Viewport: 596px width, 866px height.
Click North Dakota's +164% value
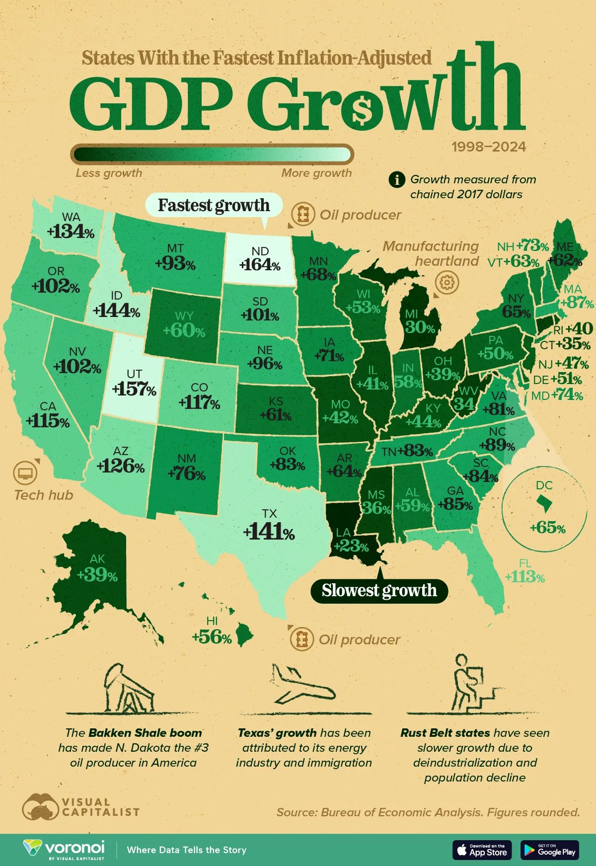(x=260, y=264)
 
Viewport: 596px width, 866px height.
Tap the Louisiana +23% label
(x=351, y=546)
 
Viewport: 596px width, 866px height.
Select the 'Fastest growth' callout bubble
(x=214, y=205)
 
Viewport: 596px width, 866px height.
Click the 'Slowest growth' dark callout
(x=379, y=590)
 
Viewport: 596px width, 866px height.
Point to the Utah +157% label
(x=134, y=389)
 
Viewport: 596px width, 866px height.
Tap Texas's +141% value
(x=269, y=532)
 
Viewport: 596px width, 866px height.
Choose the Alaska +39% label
(x=97, y=575)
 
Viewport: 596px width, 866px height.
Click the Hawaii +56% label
(x=212, y=637)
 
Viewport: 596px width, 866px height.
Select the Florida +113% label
(x=524, y=577)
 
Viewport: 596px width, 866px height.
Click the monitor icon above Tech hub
(x=25, y=472)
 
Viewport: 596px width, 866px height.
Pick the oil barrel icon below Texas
(x=301, y=639)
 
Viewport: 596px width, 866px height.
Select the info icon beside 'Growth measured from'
(x=397, y=179)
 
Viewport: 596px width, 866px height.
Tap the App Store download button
(x=481, y=850)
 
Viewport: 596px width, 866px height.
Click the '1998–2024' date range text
(x=489, y=147)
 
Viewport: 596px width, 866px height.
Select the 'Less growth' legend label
(x=109, y=173)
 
